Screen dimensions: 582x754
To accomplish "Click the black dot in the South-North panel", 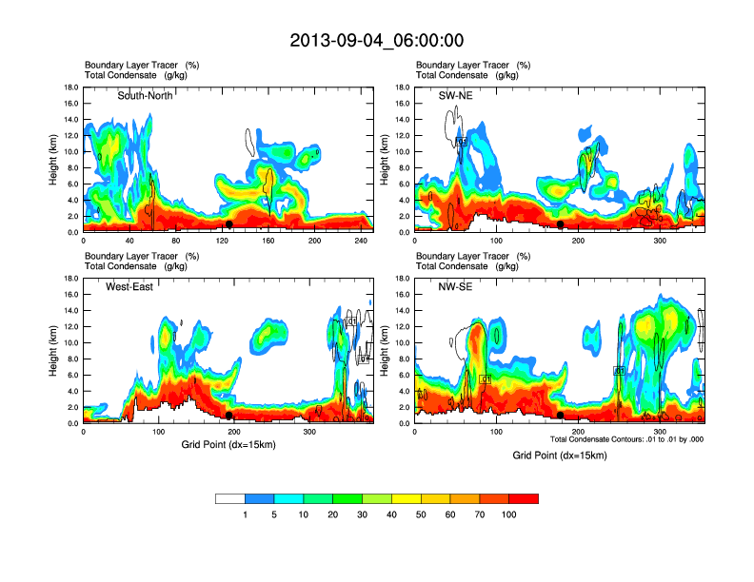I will tap(229, 224).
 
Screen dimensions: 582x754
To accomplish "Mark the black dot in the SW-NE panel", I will tap(561, 224).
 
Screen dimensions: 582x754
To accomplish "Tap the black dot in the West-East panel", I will tap(229, 416).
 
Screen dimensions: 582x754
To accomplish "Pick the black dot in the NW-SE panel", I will tap(561, 416).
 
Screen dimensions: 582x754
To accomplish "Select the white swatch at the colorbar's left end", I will tap(230, 498).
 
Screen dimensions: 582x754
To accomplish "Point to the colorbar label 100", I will tap(510, 514).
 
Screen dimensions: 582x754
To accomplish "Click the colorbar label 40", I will tap(391, 514).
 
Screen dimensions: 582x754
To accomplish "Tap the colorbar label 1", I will tap(246, 514).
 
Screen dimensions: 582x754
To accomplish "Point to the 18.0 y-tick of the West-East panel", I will tap(69, 279).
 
